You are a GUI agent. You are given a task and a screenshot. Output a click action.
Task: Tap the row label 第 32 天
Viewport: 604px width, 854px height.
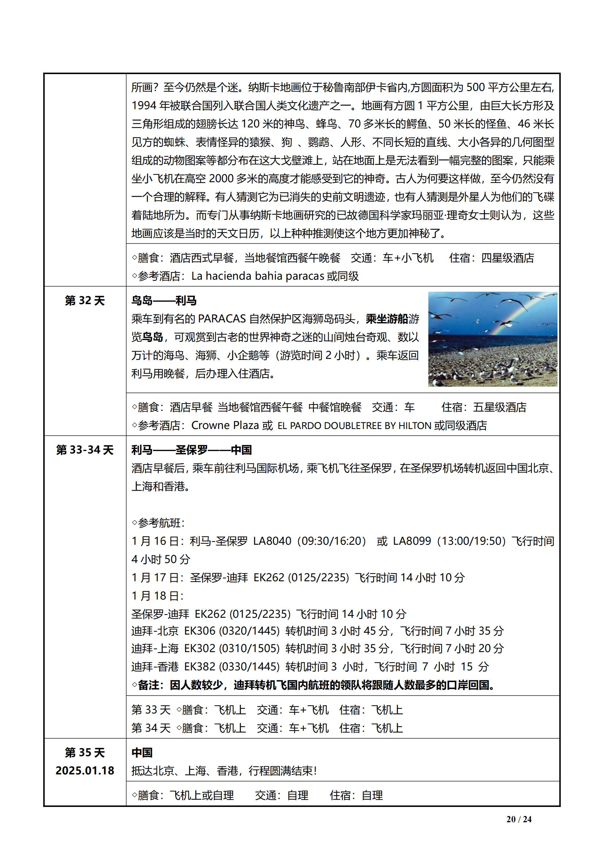pos(85,300)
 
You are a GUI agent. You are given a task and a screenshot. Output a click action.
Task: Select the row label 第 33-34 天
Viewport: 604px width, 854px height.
pos(85,450)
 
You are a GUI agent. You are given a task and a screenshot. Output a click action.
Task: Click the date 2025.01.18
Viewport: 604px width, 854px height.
pos(85,770)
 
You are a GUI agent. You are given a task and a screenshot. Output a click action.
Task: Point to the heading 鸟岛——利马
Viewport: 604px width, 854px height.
pos(164,300)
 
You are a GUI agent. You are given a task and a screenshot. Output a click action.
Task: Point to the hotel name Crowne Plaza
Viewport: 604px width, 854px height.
pos(225,425)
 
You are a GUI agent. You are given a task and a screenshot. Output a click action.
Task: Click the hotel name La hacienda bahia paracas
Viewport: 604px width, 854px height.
pos(258,276)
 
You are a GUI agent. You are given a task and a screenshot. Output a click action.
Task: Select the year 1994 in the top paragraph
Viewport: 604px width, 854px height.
pos(144,106)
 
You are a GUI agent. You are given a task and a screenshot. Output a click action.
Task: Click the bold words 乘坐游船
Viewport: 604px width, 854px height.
pos(387,319)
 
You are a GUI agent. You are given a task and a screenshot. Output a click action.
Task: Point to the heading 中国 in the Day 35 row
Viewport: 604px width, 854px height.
pos(142,752)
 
